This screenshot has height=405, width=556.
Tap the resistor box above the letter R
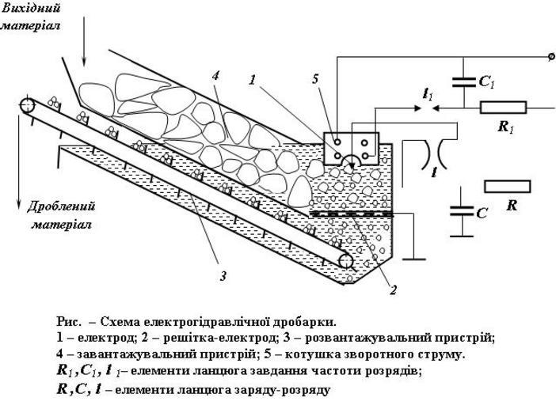[508, 186]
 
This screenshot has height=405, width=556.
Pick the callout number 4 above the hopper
[215, 77]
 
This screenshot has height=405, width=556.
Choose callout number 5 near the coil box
[316, 79]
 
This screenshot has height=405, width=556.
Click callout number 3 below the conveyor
[223, 276]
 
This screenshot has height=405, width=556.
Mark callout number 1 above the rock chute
[252, 80]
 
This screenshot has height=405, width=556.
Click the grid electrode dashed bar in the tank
[349, 214]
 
